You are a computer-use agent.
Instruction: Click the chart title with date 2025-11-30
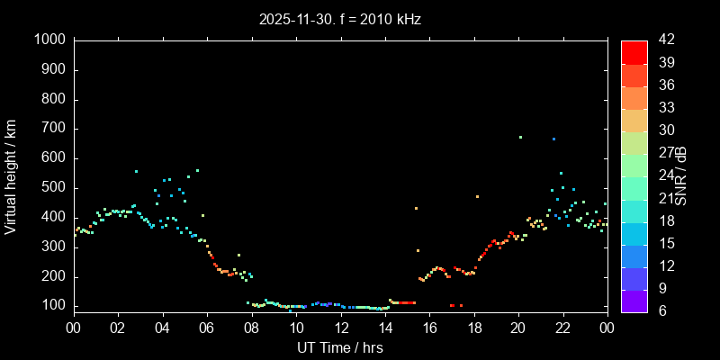(x=339, y=18)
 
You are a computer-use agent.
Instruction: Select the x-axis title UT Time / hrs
(x=340, y=347)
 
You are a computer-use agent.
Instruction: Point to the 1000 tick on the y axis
(x=50, y=40)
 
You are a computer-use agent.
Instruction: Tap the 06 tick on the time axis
(x=207, y=328)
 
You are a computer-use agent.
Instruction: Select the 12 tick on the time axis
(x=340, y=328)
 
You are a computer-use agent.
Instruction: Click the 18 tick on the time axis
(x=473, y=328)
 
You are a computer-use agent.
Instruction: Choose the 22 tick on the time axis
(x=562, y=328)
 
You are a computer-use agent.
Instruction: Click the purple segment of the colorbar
(x=634, y=301)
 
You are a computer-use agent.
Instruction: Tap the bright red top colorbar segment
(x=634, y=51)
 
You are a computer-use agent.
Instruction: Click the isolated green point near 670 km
(x=520, y=137)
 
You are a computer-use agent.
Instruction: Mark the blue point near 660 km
(x=553, y=139)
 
